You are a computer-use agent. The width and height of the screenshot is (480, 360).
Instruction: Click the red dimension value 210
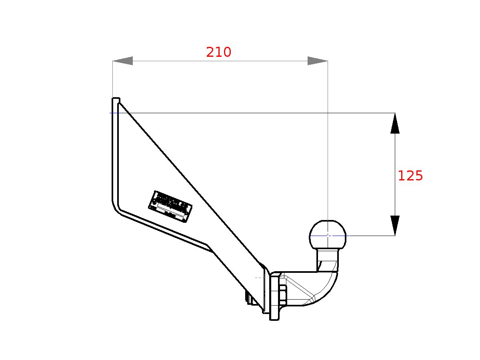218,52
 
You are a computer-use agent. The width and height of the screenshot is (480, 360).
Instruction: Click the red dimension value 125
410,176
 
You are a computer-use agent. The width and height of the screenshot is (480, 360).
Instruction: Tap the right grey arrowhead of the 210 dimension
317,61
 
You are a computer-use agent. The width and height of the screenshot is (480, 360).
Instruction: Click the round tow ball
328,234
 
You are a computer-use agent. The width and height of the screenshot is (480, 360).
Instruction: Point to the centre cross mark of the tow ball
328,235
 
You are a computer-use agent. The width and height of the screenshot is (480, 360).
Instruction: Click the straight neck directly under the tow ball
328,259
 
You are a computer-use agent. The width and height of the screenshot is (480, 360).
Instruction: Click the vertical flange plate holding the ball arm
274,296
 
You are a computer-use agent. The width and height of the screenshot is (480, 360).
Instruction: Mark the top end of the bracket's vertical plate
116,99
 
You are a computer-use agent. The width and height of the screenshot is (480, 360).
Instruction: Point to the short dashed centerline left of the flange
260,277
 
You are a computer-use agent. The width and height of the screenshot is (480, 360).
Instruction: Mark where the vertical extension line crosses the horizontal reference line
328,113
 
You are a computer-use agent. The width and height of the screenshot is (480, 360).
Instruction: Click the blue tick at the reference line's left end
114,113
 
